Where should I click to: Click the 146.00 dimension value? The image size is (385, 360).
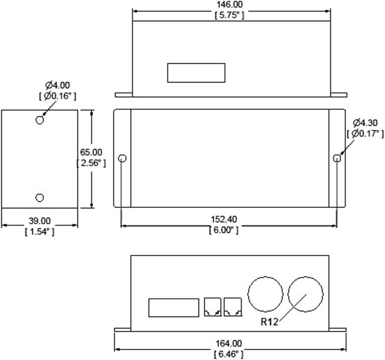[229, 4]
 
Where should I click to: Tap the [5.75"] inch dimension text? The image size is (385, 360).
[229, 15]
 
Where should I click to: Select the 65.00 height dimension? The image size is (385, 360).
[91, 152]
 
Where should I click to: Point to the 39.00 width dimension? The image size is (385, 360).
[40, 221]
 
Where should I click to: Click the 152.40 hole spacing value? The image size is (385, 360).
[224, 219]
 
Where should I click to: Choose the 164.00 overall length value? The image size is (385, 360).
[229, 343]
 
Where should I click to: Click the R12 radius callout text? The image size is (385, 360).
[269, 322]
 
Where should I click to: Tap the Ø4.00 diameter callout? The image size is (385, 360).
[57, 85]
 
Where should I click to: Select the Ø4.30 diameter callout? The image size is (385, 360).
[365, 123]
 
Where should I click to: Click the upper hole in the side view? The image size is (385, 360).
[40, 120]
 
